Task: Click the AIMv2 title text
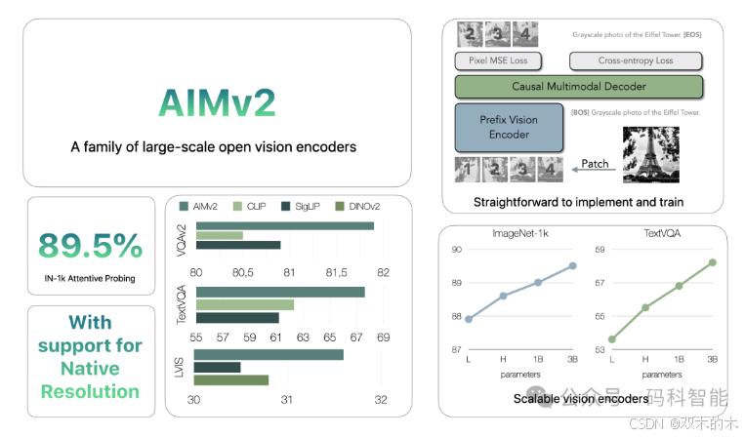(217, 102)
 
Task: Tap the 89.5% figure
(91, 246)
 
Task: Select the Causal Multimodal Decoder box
(578, 86)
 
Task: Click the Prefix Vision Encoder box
(508, 127)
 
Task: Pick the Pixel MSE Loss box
(499, 60)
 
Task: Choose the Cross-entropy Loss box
(635, 60)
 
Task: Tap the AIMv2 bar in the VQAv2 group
(284, 226)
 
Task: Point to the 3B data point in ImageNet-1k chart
(572, 265)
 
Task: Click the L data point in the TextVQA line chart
(612, 339)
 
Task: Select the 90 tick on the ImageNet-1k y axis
(456, 250)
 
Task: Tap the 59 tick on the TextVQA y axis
(600, 250)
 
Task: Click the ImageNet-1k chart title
(520, 233)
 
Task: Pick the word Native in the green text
(90, 369)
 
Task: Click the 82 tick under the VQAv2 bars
(383, 271)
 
